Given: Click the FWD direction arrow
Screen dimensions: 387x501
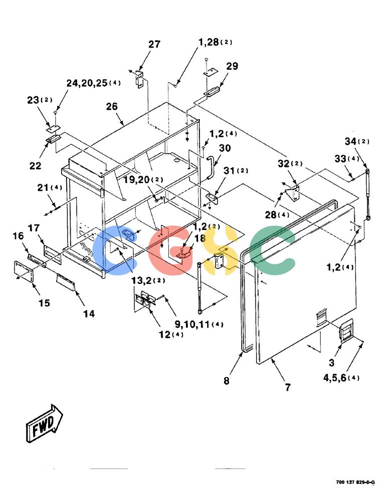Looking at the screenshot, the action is tap(45, 424).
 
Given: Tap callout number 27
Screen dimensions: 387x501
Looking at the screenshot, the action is tap(154, 44).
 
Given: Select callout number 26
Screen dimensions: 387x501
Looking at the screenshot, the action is tap(112, 106).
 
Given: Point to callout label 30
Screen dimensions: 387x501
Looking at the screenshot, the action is tap(225, 148).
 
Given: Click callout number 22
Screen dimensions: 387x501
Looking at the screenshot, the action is tap(35, 165).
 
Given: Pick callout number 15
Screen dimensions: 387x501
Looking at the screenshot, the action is tap(45, 303).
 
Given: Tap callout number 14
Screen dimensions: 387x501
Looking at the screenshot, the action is tap(89, 314).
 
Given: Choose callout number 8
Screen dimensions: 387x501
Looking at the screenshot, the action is tap(227, 381).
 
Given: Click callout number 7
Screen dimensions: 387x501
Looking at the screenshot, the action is tap(288, 387).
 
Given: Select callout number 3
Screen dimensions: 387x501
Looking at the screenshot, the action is tap(332, 363).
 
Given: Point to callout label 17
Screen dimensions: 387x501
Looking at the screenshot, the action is tap(34, 228).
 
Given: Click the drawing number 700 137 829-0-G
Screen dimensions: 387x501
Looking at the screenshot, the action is tap(355, 482).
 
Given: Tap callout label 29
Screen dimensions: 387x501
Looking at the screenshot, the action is tap(232, 66).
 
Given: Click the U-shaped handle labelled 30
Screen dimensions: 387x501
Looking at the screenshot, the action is tap(211, 167).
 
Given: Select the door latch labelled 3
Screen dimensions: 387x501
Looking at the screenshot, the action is tap(346, 331).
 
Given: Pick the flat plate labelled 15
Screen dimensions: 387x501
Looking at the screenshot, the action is tap(24, 271).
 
